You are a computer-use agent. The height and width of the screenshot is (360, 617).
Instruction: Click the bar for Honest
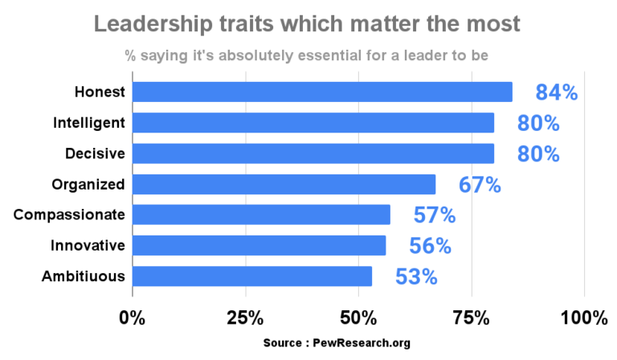(321, 92)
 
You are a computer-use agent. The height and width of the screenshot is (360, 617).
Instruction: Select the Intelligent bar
(313, 122)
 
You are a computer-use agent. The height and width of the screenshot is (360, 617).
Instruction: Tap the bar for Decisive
(313, 153)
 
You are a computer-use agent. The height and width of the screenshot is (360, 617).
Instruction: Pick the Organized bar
(284, 184)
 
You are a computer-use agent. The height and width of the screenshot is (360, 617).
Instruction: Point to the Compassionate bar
(260, 215)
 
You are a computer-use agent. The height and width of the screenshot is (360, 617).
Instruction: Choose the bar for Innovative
(259, 245)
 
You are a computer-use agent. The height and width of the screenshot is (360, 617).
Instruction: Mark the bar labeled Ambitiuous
(251, 276)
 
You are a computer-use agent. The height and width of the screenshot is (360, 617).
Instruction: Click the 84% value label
(557, 92)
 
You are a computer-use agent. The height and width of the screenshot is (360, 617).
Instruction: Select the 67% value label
(480, 185)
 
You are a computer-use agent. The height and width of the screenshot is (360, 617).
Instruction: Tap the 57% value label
(435, 215)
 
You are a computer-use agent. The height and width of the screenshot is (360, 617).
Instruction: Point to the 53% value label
(416, 277)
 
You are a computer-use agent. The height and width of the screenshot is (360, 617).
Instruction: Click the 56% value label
(430, 246)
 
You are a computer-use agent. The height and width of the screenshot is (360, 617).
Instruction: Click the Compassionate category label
(70, 215)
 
